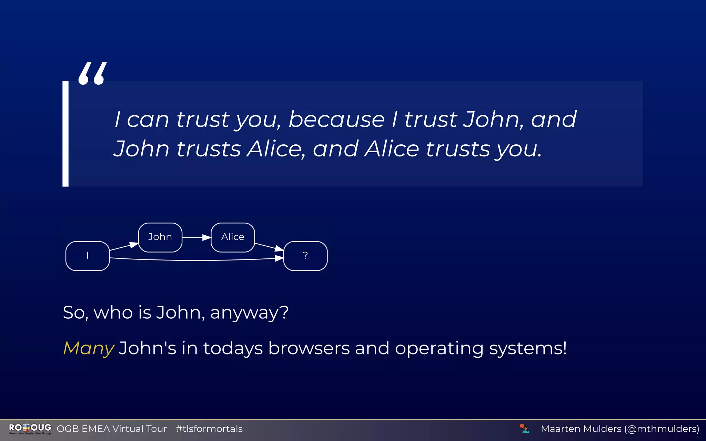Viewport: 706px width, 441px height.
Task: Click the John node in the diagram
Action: tap(160, 237)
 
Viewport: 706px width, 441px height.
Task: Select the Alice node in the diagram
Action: tap(233, 237)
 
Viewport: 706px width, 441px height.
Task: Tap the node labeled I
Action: tap(88, 256)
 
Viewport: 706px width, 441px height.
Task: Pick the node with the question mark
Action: tap(305, 256)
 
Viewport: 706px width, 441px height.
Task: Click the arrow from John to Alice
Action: tap(196, 237)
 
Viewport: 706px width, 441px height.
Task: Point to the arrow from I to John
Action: tap(123, 247)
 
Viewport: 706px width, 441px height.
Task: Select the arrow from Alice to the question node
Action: tap(269, 247)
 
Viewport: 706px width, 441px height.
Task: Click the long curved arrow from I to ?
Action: tap(196, 260)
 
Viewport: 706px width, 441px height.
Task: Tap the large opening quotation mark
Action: tap(92, 73)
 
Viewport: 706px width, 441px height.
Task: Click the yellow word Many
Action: tap(89, 348)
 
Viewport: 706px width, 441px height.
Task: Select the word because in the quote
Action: tap(336, 120)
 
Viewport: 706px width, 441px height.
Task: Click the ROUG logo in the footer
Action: tap(30, 429)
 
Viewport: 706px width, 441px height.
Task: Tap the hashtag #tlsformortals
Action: tap(209, 429)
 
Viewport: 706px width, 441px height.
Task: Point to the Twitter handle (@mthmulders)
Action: tap(662, 429)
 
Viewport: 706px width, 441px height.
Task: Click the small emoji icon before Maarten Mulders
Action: tap(524, 429)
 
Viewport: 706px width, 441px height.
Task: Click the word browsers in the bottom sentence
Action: tap(309, 348)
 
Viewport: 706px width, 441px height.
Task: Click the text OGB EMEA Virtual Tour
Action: tap(112, 429)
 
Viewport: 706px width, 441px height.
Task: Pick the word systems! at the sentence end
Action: tap(527, 348)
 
